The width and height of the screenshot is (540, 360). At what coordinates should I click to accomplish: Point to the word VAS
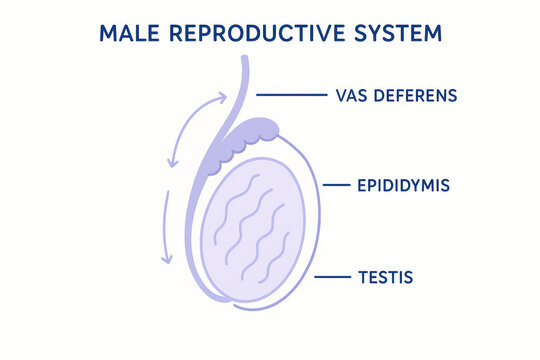pyautogui.click(x=346, y=96)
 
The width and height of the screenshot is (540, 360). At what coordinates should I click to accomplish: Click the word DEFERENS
pyautogui.click(x=415, y=96)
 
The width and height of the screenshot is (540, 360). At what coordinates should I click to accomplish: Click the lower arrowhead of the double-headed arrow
pyautogui.click(x=171, y=163)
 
